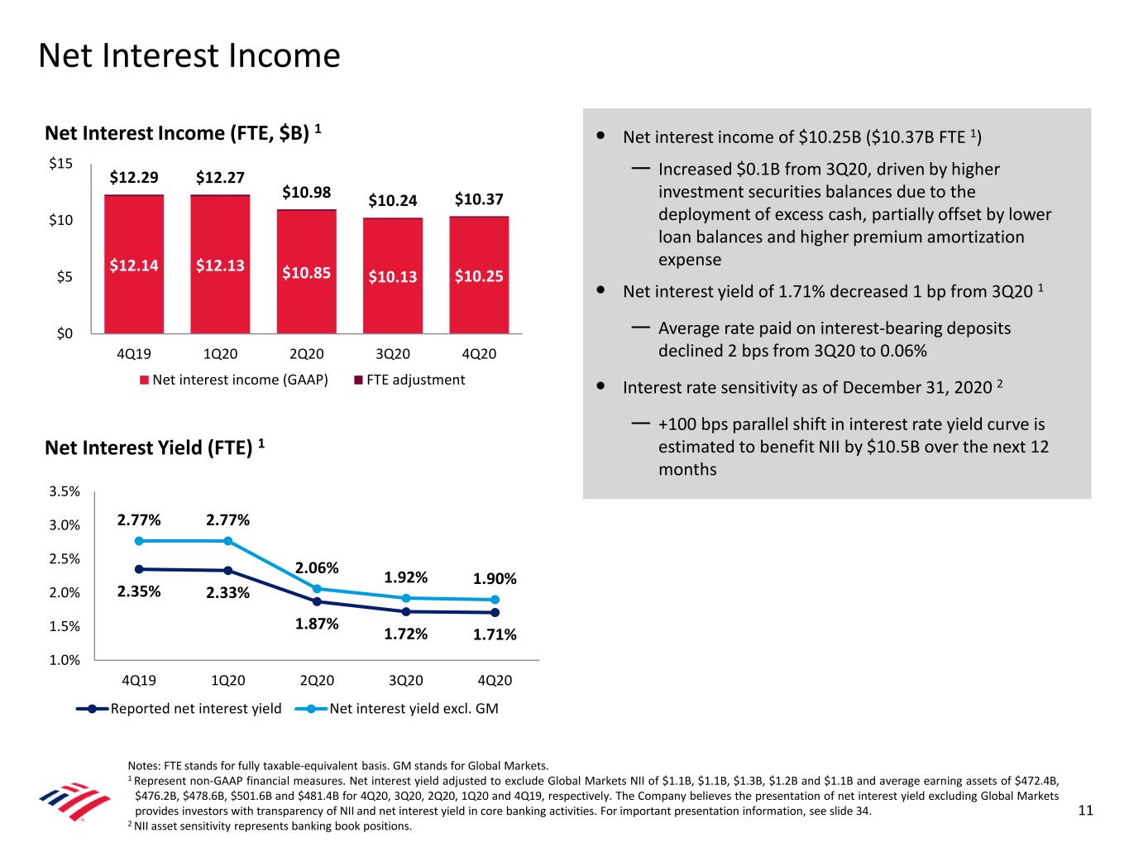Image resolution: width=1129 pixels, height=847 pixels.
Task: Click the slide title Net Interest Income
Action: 189,56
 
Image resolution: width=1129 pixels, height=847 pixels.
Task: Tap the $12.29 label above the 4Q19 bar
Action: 134,177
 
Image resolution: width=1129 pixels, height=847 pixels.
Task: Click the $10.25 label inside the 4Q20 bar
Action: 479,276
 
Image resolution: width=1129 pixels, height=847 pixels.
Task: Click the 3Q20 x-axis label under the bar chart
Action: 393,354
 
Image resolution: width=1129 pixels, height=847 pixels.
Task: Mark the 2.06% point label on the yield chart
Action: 318,568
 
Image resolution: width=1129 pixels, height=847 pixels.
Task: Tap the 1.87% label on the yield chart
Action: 318,624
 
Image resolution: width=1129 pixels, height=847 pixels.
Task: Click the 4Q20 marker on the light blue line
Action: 495,600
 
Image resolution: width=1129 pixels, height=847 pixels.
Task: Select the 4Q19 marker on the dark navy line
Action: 139,569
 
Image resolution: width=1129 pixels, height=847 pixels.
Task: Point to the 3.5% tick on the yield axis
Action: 65,491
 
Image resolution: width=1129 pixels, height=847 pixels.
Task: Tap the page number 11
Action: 1085,811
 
